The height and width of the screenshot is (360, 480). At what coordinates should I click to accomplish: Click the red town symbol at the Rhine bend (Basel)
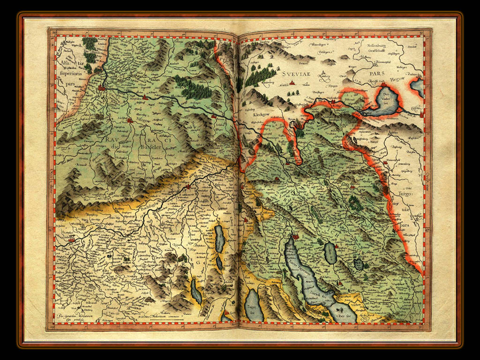tap(102, 87)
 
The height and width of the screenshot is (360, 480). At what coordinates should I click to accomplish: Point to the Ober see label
tap(343, 315)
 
